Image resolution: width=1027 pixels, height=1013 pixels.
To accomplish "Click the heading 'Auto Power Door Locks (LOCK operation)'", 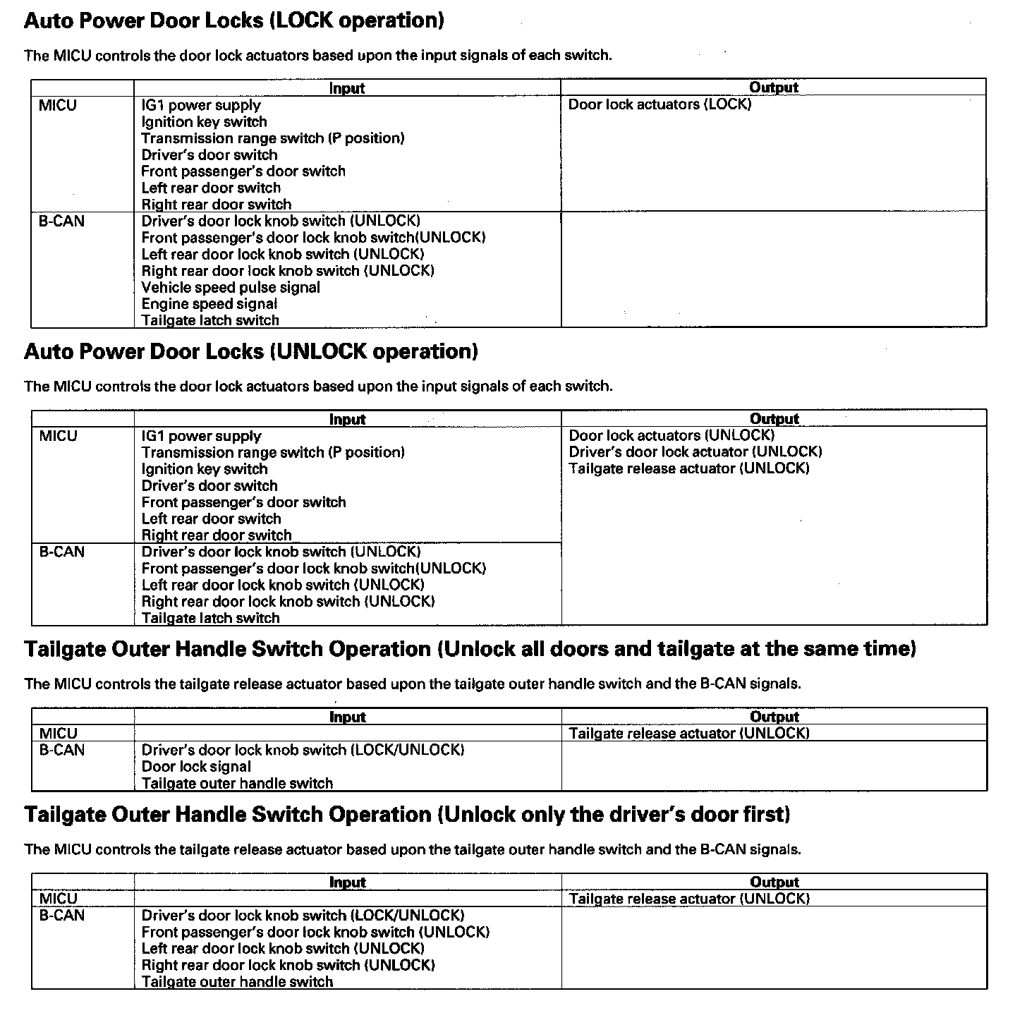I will [x=233, y=20].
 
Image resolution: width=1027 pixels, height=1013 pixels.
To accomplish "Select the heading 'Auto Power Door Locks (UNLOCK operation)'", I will [x=250, y=351].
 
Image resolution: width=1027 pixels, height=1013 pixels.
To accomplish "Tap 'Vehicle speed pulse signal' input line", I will [x=231, y=288].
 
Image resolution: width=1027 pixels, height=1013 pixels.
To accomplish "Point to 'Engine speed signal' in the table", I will [x=209, y=304].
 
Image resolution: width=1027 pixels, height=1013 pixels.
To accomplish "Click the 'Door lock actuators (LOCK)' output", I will [x=660, y=105].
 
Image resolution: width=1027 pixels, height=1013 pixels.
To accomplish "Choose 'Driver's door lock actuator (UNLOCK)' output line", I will [x=695, y=452].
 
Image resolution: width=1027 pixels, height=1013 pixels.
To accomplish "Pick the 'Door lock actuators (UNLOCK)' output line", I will [x=671, y=436].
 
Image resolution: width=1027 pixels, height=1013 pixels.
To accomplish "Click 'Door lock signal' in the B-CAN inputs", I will [x=196, y=767].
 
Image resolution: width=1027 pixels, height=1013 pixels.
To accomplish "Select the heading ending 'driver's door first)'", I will [x=407, y=815].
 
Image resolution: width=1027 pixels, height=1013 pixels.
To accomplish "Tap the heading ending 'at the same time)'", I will [x=470, y=649].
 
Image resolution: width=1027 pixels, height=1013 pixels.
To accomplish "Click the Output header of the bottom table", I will [x=774, y=882].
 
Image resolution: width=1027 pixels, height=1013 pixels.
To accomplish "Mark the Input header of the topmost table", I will [x=347, y=88].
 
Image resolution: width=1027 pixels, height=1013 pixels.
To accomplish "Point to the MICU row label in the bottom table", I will [x=58, y=899].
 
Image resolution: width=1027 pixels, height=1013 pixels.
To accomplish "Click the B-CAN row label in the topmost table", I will [x=61, y=222].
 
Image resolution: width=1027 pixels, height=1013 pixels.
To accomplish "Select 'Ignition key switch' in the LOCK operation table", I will [x=204, y=122].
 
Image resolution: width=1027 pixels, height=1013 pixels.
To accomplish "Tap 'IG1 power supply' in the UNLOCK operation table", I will [x=201, y=437].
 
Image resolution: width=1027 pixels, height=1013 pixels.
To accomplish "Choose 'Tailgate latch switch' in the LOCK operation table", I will [x=210, y=321].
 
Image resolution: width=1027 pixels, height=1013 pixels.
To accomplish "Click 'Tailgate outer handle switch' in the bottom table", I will [x=237, y=982].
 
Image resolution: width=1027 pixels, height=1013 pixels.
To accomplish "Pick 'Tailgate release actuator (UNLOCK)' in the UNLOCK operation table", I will [x=688, y=469].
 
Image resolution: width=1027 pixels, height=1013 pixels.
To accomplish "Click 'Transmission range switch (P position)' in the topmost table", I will [x=272, y=138].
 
